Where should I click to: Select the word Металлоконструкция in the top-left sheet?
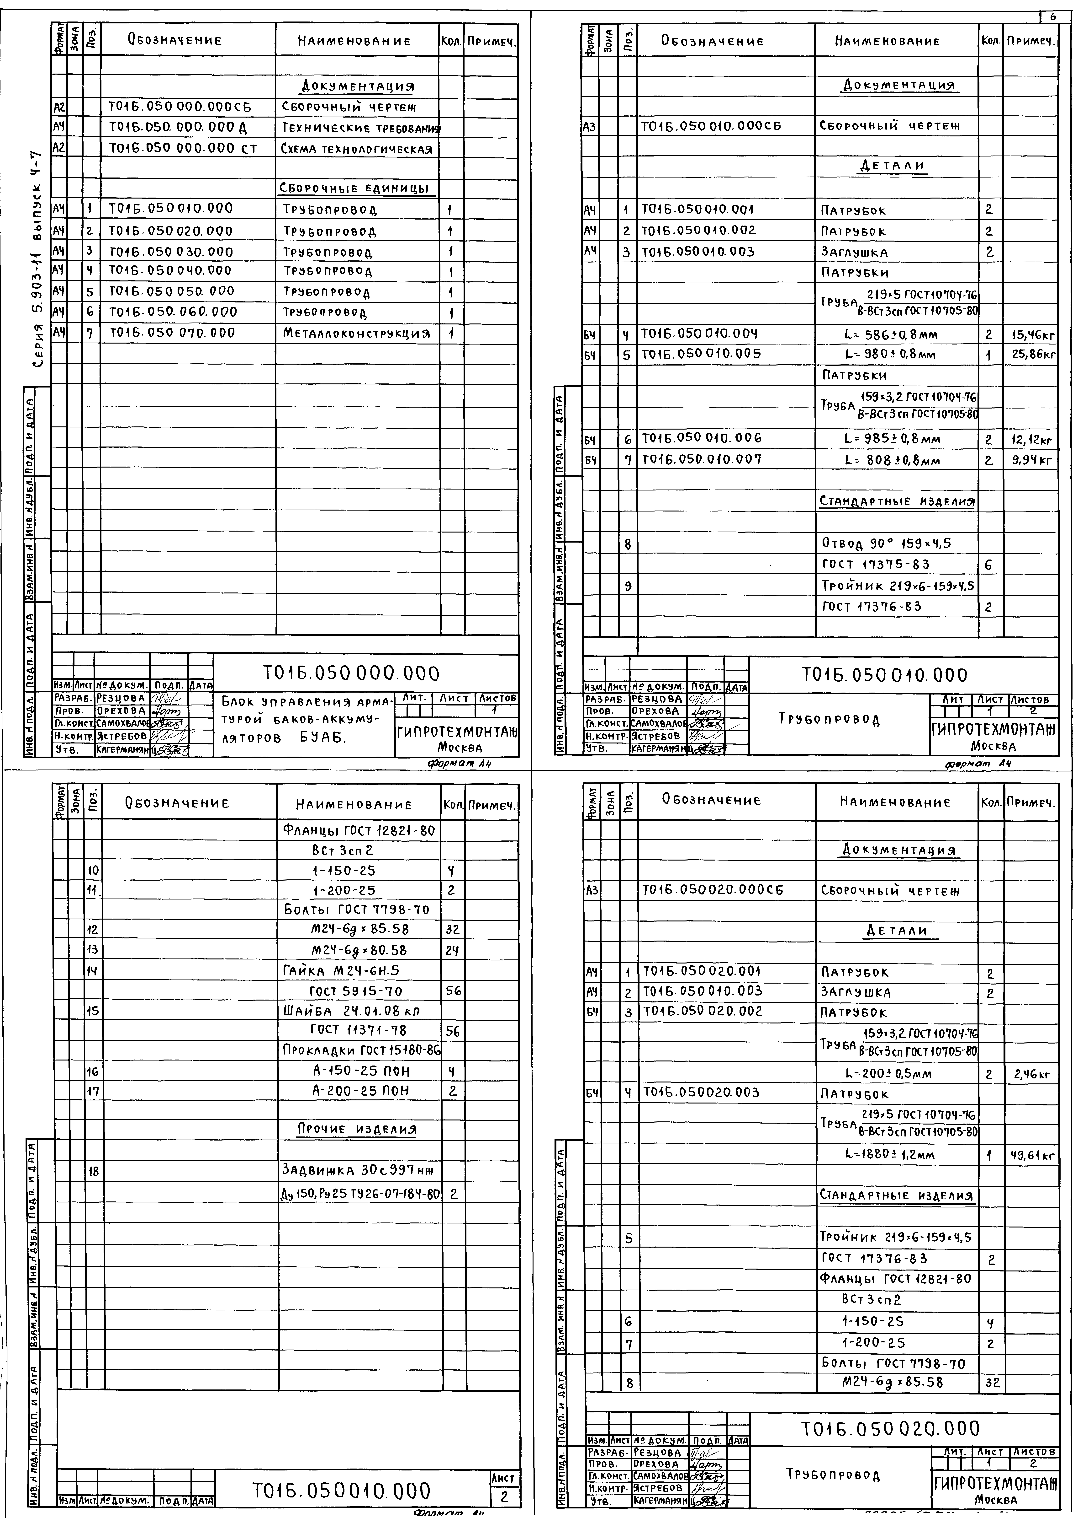[x=356, y=333]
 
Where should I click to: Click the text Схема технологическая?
[x=356, y=149]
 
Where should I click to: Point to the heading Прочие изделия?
[x=356, y=1129]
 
